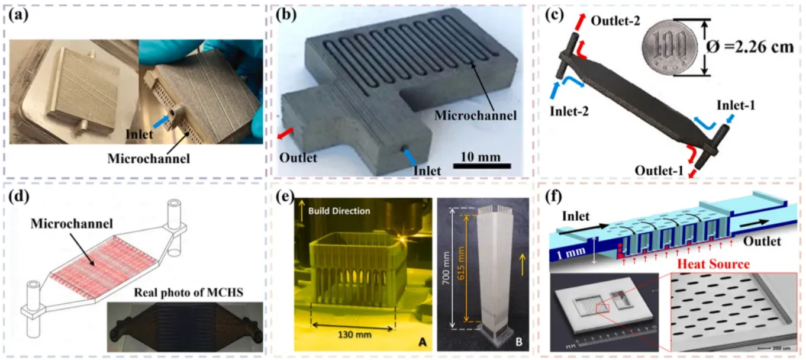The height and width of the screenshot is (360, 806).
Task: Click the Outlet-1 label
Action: tap(659, 171)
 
